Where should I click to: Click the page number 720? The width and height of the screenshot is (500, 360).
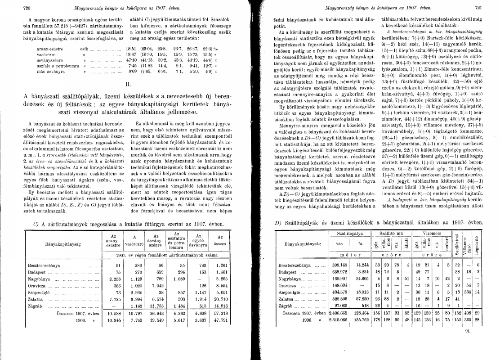pos(13,8)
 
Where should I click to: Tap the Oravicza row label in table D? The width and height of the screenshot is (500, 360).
pos(288,284)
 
